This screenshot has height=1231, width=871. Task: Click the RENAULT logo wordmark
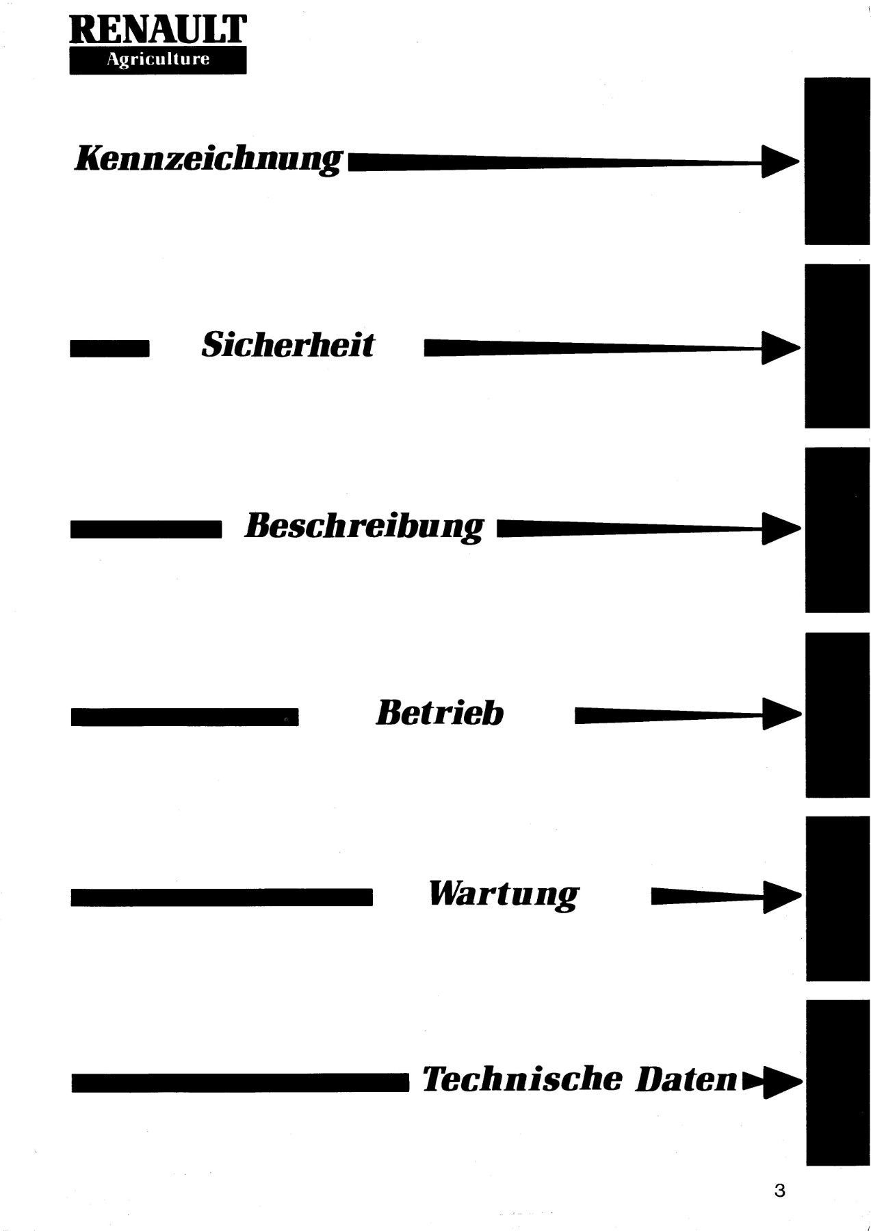(157, 29)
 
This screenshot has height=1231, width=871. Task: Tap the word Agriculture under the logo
(157, 60)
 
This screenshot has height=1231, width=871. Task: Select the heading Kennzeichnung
(207, 159)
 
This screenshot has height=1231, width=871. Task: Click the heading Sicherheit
(287, 344)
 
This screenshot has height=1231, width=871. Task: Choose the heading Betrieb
(439, 712)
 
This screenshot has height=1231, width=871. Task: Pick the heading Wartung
(504, 894)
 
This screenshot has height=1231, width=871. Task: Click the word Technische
(523, 1079)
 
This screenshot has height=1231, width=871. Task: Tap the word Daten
(686, 1079)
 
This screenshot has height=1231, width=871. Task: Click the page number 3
(779, 1190)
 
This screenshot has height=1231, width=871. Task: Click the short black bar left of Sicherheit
(109, 349)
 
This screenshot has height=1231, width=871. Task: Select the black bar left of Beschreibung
(146, 530)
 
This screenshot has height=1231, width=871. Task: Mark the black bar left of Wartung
(222, 897)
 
